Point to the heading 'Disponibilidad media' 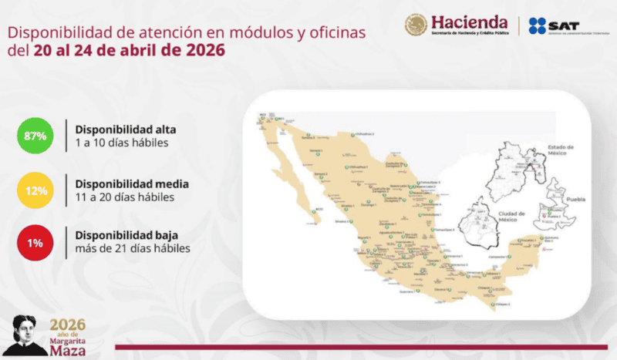[x=132, y=184]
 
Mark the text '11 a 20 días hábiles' [x=124, y=197]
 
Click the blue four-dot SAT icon [x=538, y=25]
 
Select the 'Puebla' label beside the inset [x=578, y=198]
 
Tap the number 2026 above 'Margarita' [x=68, y=324]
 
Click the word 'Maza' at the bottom [x=68, y=351]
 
